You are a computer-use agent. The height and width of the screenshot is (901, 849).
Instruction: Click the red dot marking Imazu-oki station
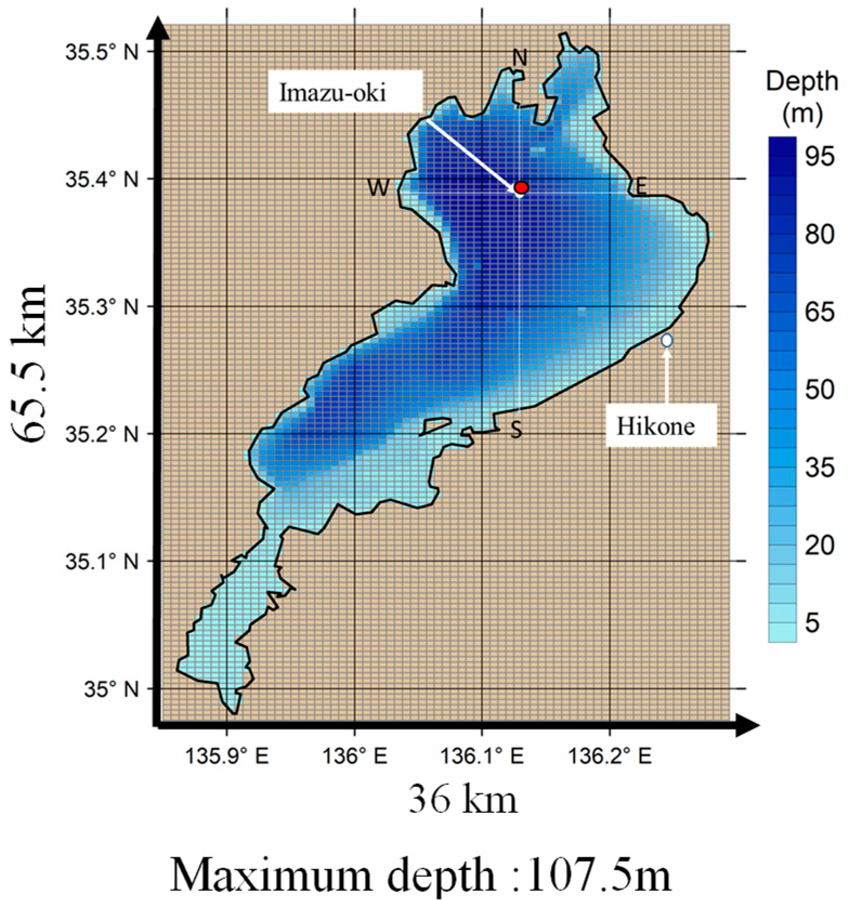(521, 187)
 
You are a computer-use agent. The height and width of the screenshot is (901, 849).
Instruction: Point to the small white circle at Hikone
(667, 340)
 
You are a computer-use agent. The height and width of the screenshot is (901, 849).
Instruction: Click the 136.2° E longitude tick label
(610, 756)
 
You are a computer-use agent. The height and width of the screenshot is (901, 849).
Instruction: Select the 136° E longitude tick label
(355, 756)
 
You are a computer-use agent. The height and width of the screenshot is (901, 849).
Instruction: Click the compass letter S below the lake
(517, 430)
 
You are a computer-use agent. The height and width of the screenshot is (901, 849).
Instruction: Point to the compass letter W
(378, 188)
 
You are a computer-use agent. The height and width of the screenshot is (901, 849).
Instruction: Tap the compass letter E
(641, 187)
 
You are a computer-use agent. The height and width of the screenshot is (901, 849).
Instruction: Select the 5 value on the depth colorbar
(812, 623)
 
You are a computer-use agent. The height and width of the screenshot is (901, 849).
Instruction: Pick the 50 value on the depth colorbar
(819, 390)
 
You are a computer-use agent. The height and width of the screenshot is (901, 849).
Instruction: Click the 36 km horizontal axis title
(463, 800)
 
